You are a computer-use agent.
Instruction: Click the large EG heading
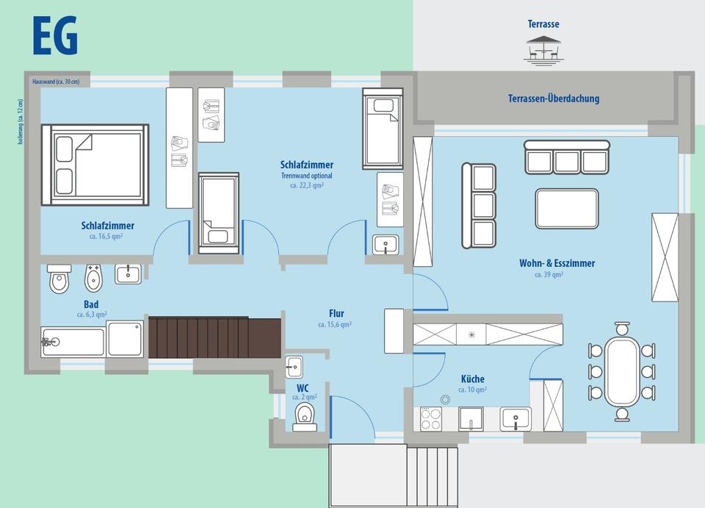pyautogui.click(x=55, y=36)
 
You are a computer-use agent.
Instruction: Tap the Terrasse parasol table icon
pyautogui.click(x=543, y=49)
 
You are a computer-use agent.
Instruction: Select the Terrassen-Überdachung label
pyautogui.click(x=554, y=98)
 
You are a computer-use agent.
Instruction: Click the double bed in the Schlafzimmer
pyautogui.click(x=95, y=165)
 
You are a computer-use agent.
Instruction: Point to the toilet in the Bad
pyautogui.click(x=59, y=279)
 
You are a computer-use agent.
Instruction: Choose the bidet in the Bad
pyautogui.click(x=93, y=278)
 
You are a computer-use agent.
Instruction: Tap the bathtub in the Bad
pyautogui.click(x=73, y=342)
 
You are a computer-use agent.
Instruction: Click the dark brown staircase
pyautogui.click(x=214, y=337)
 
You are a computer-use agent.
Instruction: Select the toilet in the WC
pyautogui.click(x=305, y=417)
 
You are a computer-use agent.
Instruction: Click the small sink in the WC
pyautogui.click(x=294, y=367)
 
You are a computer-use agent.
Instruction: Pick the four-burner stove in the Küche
pyautogui.click(x=431, y=419)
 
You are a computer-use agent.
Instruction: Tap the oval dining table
pyautogui.click(x=622, y=372)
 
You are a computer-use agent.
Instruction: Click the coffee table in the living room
pyautogui.click(x=567, y=208)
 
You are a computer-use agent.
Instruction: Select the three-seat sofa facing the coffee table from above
pyautogui.click(x=566, y=157)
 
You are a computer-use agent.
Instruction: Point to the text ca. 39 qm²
pyautogui.click(x=549, y=274)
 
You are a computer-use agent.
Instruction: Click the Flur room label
pyautogui.click(x=336, y=314)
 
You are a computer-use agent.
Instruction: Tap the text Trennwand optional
pyautogui.click(x=307, y=176)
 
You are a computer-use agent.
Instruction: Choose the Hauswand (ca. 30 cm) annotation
pyautogui.click(x=56, y=82)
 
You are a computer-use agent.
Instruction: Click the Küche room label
pyautogui.click(x=472, y=379)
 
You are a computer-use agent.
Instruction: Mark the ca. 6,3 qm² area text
pyautogui.click(x=92, y=315)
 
